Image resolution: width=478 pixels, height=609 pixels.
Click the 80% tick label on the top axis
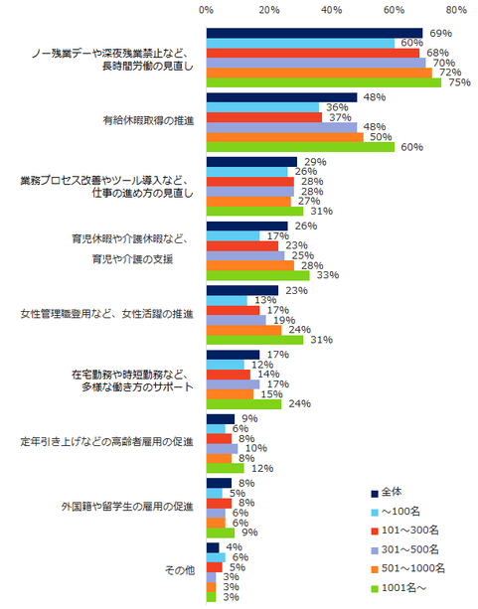click(x=457, y=10)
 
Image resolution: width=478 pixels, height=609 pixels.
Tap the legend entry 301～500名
click(x=407, y=548)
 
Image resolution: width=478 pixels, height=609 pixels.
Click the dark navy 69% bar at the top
click(x=314, y=33)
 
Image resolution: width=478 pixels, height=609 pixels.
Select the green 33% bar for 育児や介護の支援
click(x=257, y=274)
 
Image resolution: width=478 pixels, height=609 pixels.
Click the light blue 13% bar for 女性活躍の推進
click(x=227, y=300)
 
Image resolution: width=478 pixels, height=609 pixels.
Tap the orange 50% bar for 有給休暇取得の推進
click(x=284, y=136)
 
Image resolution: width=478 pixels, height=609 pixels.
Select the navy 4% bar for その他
click(x=213, y=546)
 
